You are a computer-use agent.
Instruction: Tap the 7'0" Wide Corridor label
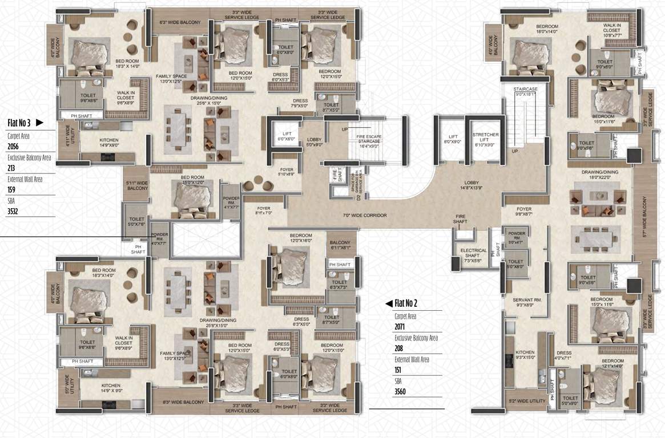(x=365, y=216)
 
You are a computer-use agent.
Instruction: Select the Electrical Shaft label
(x=473, y=253)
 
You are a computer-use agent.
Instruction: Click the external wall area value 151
(x=399, y=370)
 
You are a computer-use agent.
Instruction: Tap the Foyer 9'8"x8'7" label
(x=524, y=211)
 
